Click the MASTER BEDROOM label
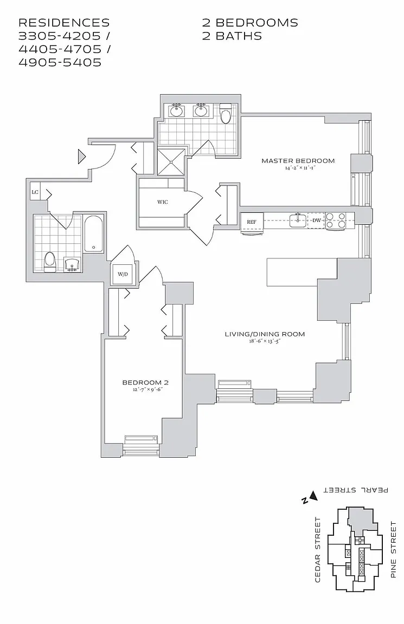point(298,160)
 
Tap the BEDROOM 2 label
point(143,382)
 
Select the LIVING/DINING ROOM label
point(265,334)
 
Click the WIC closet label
point(162,202)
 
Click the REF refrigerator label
point(252,222)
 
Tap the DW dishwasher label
point(316,220)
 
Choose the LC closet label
point(35,192)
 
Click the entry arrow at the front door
point(82,157)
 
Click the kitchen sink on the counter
point(296,219)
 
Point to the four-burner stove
point(336,220)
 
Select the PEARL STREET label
point(356,490)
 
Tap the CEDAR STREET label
point(318,549)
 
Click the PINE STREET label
point(394,549)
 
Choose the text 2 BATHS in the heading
point(232,36)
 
